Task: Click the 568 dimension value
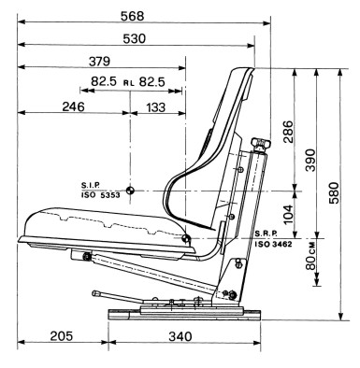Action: click(133, 16)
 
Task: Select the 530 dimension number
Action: click(135, 39)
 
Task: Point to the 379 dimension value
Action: click(99, 62)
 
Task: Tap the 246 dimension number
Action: click(73, 106)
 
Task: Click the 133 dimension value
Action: click(155, 107)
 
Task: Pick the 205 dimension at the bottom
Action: click(62, 336)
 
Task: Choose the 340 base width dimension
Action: click(180, 336)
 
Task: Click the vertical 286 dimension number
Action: click(288, 132)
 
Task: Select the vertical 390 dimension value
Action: click(310, 160)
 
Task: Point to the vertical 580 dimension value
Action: click(333, 192)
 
